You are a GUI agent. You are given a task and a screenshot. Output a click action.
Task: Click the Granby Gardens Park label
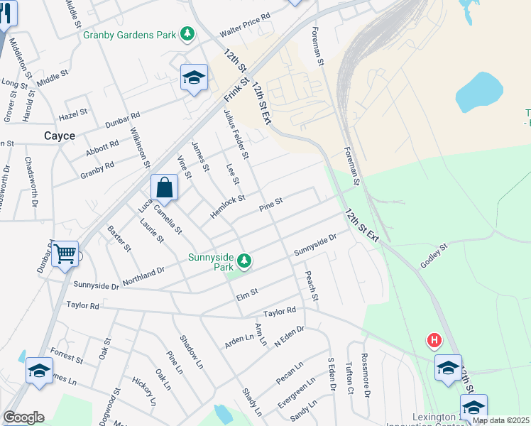coord(129,33)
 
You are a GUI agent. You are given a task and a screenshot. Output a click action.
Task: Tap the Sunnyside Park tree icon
coord(244,262)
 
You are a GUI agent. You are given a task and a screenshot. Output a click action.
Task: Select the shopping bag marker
coord(164,188)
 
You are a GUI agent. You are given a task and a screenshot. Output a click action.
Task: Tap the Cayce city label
coord(59,136)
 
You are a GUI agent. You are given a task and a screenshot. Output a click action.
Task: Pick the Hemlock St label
coord(227,207)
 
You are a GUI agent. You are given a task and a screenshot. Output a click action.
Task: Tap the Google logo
coord(23,417)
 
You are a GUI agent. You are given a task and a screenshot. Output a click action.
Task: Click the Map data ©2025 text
coord(501,420)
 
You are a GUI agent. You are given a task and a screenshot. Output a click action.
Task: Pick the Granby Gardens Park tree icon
coord(187,33)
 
